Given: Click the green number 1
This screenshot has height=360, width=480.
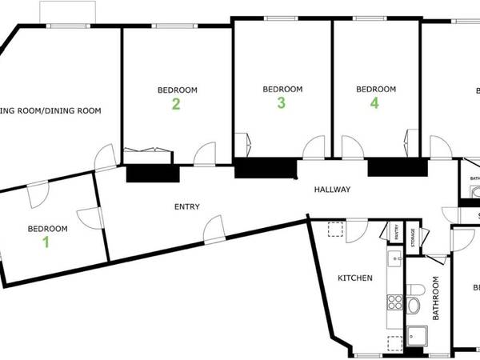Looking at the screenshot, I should tap(46, 242).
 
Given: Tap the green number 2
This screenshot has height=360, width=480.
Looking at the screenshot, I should tap(175, 103).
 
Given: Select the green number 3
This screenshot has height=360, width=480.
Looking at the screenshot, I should tap(281, 102).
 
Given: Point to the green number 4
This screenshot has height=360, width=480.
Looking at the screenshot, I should tap(374, 102).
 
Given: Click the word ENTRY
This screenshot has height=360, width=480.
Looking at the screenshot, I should tap(186, 207).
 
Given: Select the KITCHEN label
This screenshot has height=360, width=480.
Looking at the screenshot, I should tap(354, 278).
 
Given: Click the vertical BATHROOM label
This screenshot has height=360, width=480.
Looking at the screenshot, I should tap(437, 298).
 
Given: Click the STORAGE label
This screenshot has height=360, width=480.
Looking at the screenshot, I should tap(413, 239).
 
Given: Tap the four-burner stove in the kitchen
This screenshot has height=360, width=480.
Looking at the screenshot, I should tap(394, 302).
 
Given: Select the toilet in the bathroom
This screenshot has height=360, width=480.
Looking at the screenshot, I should tap(414, 304).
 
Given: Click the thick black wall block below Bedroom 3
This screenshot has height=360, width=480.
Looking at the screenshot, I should tap(264, 169).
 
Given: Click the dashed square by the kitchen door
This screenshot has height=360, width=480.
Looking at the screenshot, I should tap(334, 230).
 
